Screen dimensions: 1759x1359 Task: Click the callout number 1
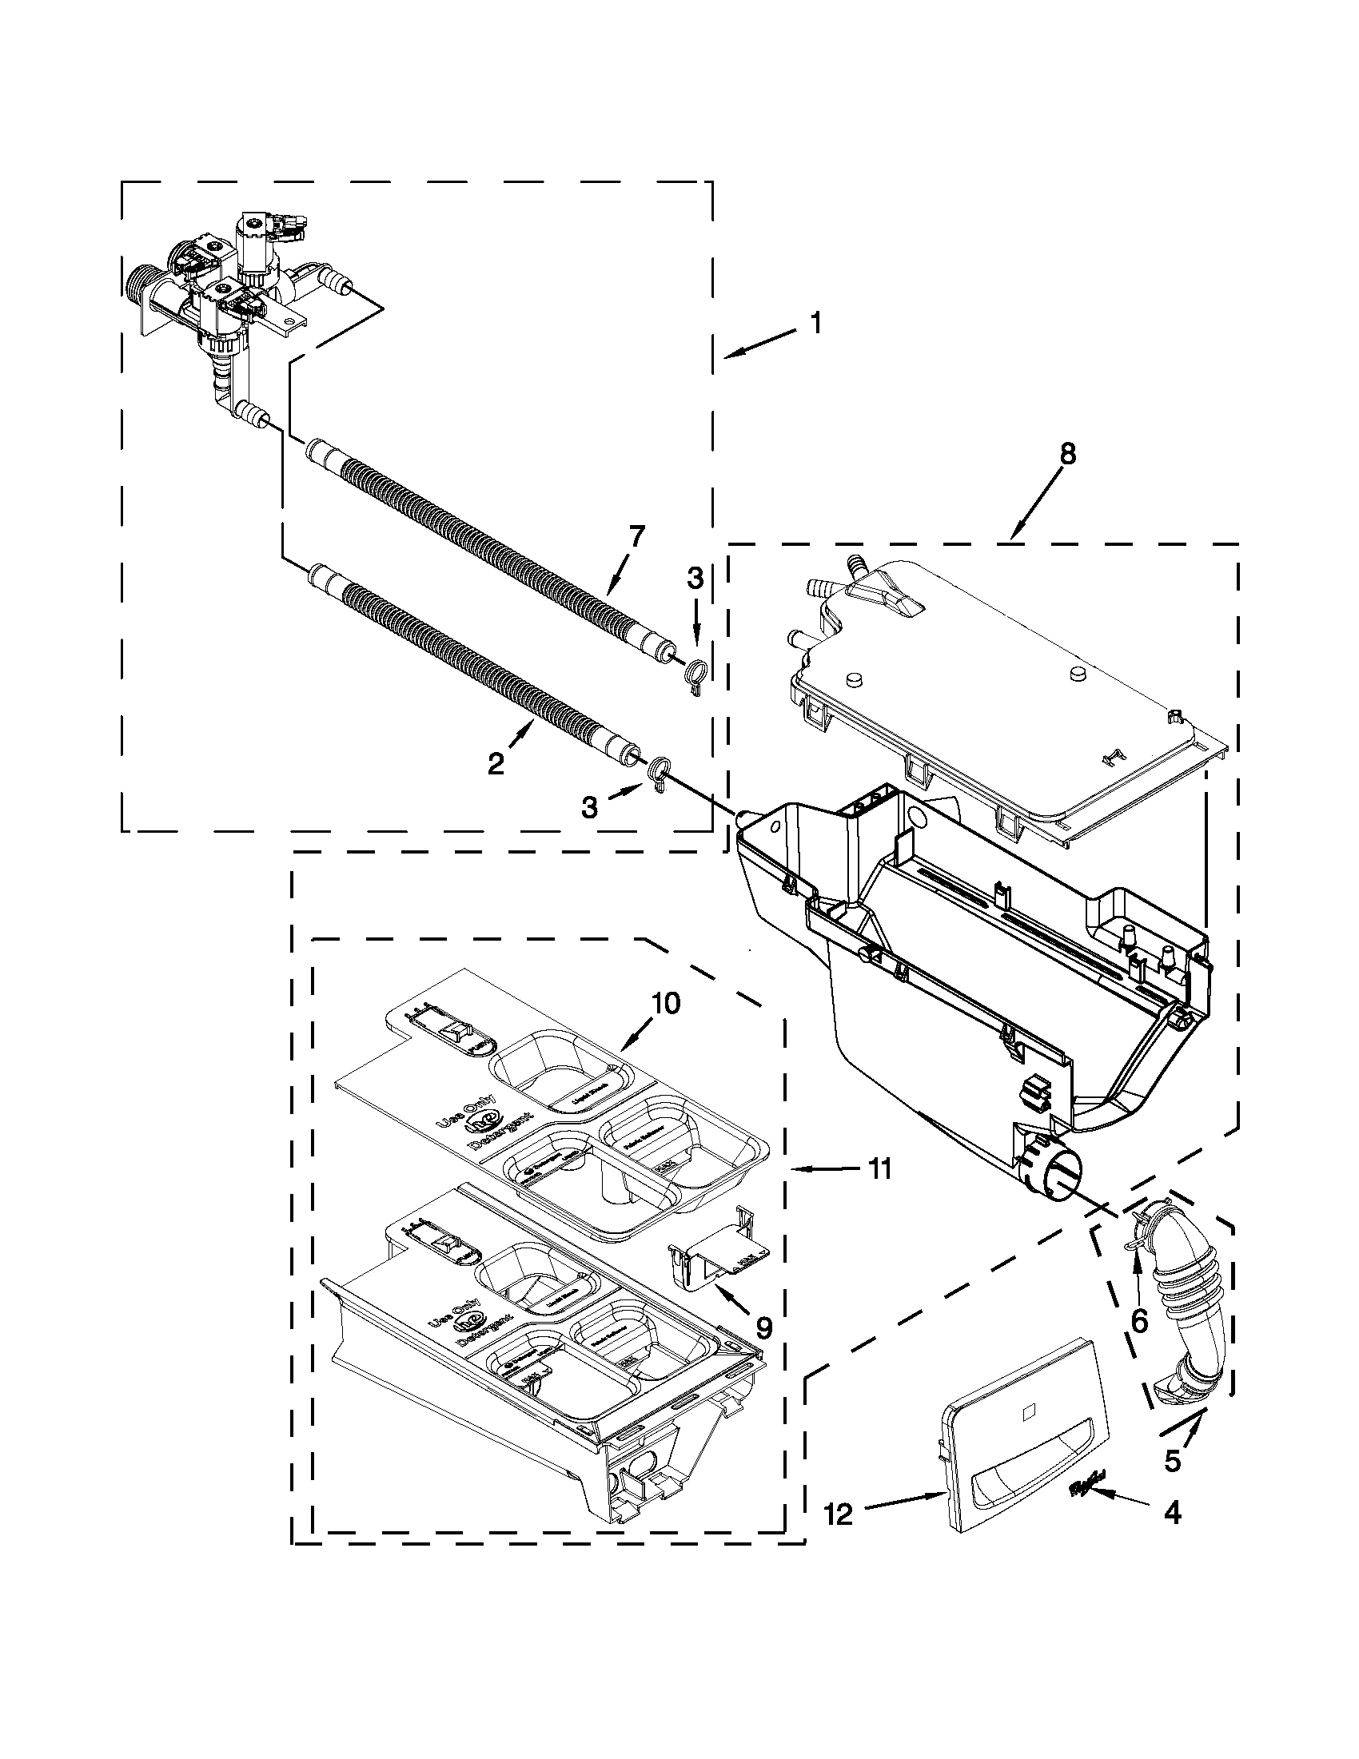[816, 324]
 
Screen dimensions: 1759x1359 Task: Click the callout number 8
[1066, 454]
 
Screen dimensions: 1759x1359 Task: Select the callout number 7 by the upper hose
[636, 535]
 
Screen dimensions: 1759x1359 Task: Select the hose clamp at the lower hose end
[659, 769]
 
